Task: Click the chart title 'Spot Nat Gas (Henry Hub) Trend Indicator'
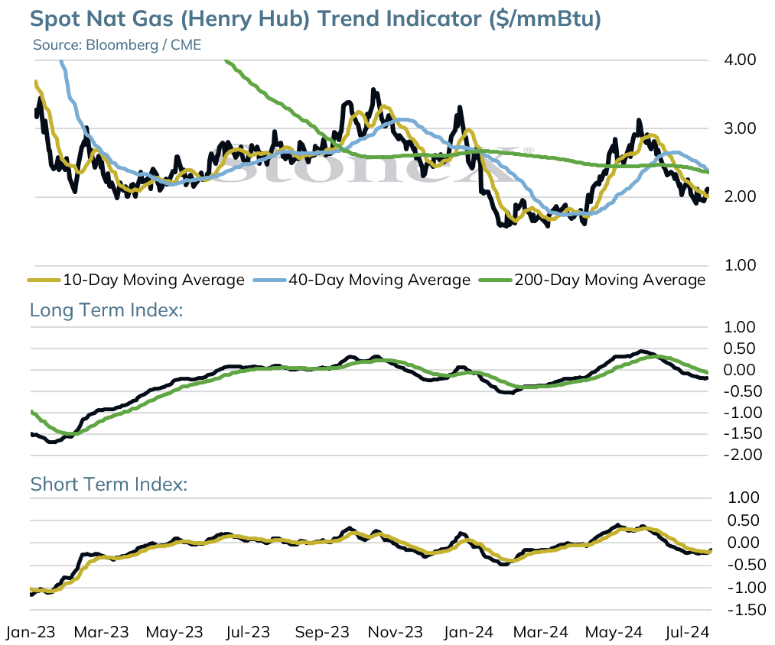click(x=256, y=19)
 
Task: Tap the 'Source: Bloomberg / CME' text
click(x=117, y=45)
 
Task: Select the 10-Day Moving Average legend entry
click(x=136, y=280)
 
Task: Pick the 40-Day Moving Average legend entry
click(x=362, y=280)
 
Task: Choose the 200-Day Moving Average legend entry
click(x=592, y=280)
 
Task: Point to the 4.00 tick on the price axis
click(x=740, y=60)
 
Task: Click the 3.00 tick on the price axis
click(x=740, y=128)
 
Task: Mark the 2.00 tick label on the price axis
click(x=740, y=196)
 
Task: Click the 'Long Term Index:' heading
click(x=106, y=310)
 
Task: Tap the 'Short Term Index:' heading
click(x=109, y=484)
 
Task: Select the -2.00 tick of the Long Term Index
click(x=742, y=455)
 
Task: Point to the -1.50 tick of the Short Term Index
click(x=747, y=610)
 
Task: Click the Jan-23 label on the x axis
click(x=31, y=632)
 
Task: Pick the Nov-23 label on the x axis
click(x=396, y=632)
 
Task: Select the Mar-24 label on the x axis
click(x=541, y=632)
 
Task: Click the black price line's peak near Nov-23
click(x=373, y=90)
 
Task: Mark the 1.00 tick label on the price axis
click(x=740, y=265)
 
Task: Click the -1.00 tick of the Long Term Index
click(x=742, y=413)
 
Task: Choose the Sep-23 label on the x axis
click(x=322, y=632)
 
